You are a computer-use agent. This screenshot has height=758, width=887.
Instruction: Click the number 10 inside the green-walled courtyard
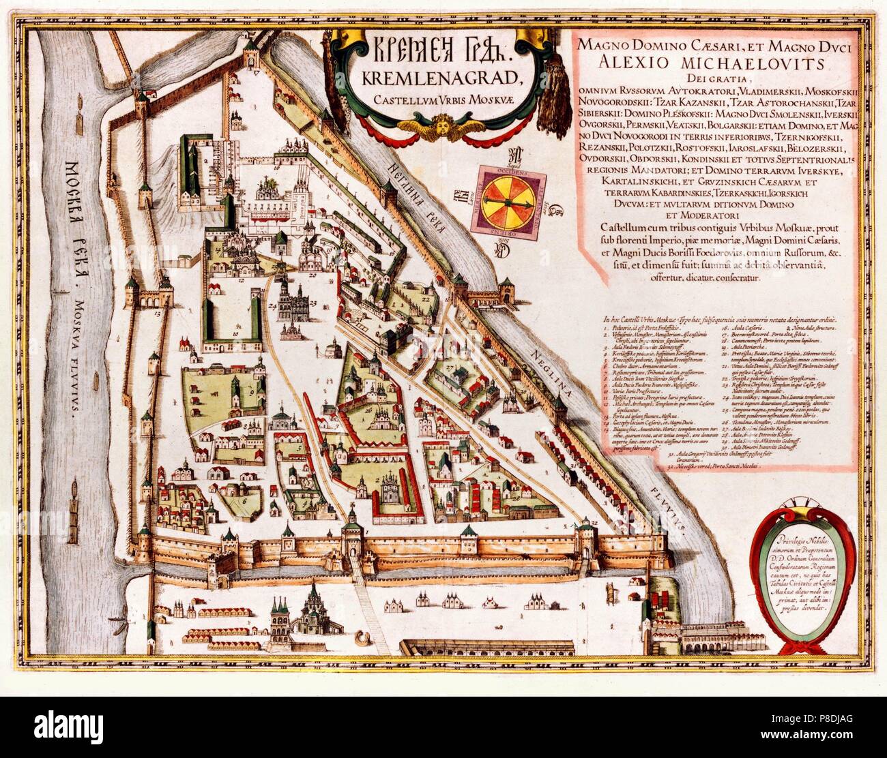233,335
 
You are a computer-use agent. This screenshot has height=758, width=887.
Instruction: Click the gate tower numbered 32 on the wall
588,528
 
